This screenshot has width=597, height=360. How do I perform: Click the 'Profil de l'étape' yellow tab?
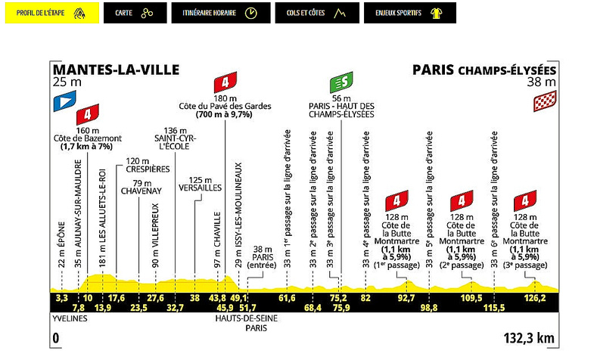(x=50, y=14)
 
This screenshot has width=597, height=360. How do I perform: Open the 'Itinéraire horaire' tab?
(x=216, y=14)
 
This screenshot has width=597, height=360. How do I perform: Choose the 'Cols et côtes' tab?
(x=310, y=14)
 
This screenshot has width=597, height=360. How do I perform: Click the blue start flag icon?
(x=64, y=98)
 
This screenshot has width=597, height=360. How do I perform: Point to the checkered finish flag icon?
(x=546, y=99)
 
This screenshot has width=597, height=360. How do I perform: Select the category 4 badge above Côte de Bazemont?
(x=89, y=115)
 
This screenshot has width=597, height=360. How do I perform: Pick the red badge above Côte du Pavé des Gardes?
(x=225, y=82)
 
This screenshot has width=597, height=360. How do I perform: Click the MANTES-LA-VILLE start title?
(x=116, y=70)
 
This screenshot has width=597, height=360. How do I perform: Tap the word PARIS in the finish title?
(x=433, y=70)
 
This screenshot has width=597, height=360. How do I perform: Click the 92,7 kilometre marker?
(x=407, y=298)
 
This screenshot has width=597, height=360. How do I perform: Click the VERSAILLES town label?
(x=199, y=186)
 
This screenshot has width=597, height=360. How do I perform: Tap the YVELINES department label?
(x=70, y=318)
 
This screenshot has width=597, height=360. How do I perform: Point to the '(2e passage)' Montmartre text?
(x=461, y=265)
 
